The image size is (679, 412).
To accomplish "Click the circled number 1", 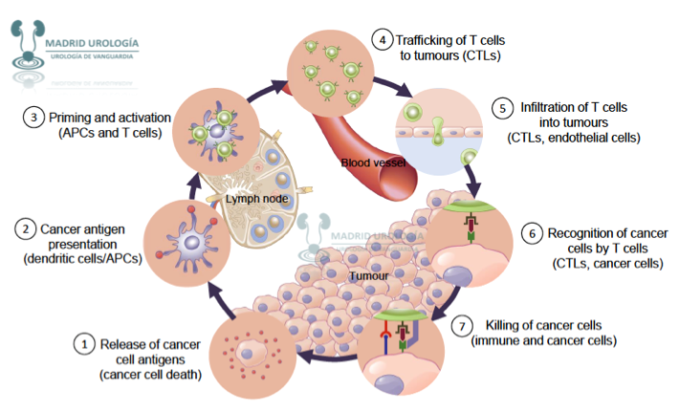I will point(86,343).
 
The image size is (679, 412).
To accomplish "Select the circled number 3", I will point(33,118).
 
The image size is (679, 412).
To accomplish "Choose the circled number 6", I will point(534,232).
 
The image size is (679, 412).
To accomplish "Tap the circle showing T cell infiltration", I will point(436,130).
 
